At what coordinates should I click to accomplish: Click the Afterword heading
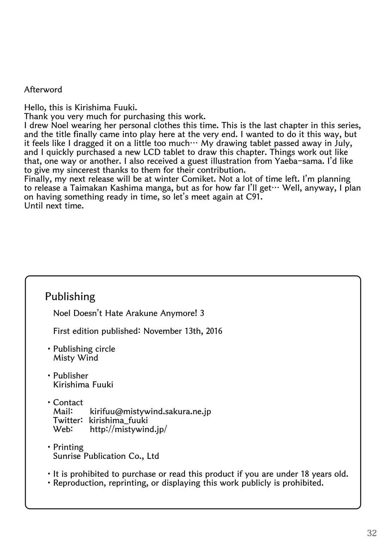(x=43, y=90)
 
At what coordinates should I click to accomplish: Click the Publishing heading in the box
(x=70, y=297)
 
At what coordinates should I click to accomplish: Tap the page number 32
(x=372, y=533)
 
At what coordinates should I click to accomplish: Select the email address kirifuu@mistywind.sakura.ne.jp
(x=150, y=411)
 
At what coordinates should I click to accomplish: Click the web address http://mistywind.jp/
(x=128, y=429)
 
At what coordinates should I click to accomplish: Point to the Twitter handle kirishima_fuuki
(x=118, y=420)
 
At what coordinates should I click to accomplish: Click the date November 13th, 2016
(x=183, y=331)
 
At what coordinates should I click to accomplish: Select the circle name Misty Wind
(x=76, y=358)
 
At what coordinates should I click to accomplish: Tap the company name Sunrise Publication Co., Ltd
(x=106, y=456)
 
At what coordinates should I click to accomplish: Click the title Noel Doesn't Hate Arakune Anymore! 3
(x=129, y=313)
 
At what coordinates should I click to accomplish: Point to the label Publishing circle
(x=84, y=349)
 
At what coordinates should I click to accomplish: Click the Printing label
(x=68, y=447)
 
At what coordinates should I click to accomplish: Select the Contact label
(x=68, y=402)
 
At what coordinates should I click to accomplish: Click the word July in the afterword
(x=343, y=143)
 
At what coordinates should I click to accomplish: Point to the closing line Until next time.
(x=53, y=206)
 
